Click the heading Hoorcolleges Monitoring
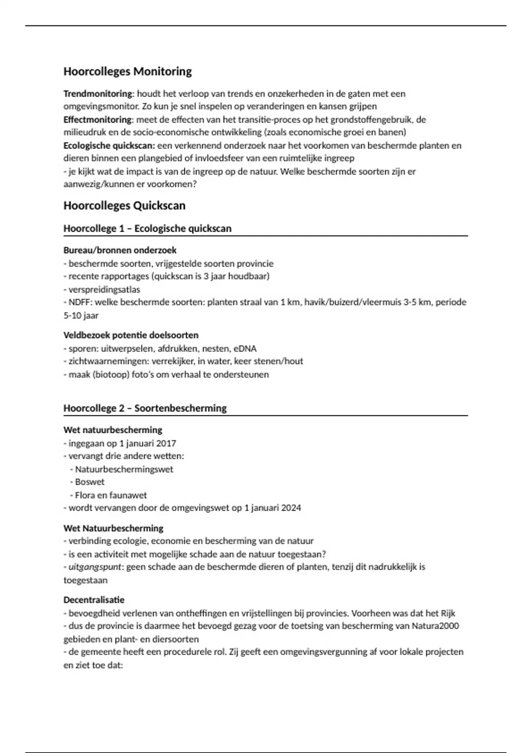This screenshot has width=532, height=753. tap(128, 72)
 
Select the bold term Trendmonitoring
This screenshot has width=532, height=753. tap(98, 94)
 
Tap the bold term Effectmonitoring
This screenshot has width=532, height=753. tap(98, 120)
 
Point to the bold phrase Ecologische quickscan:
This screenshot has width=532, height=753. tap(109, 146)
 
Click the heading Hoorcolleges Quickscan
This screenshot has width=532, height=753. tap(125, 206)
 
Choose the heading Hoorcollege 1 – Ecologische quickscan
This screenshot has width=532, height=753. tap(147, 229)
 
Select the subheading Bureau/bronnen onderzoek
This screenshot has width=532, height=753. tap(120, 250)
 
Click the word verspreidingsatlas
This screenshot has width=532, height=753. tap(104, 290)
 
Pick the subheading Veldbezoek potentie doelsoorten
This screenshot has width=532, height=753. tap(131, 335)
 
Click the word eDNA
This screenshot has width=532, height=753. tap(245, 349)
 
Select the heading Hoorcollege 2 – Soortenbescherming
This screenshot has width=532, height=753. tap(145, 408)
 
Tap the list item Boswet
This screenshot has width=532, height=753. tap(90, 482)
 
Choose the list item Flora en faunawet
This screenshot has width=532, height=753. tap(111, 495)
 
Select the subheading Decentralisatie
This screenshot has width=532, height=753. tap(94, 600)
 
